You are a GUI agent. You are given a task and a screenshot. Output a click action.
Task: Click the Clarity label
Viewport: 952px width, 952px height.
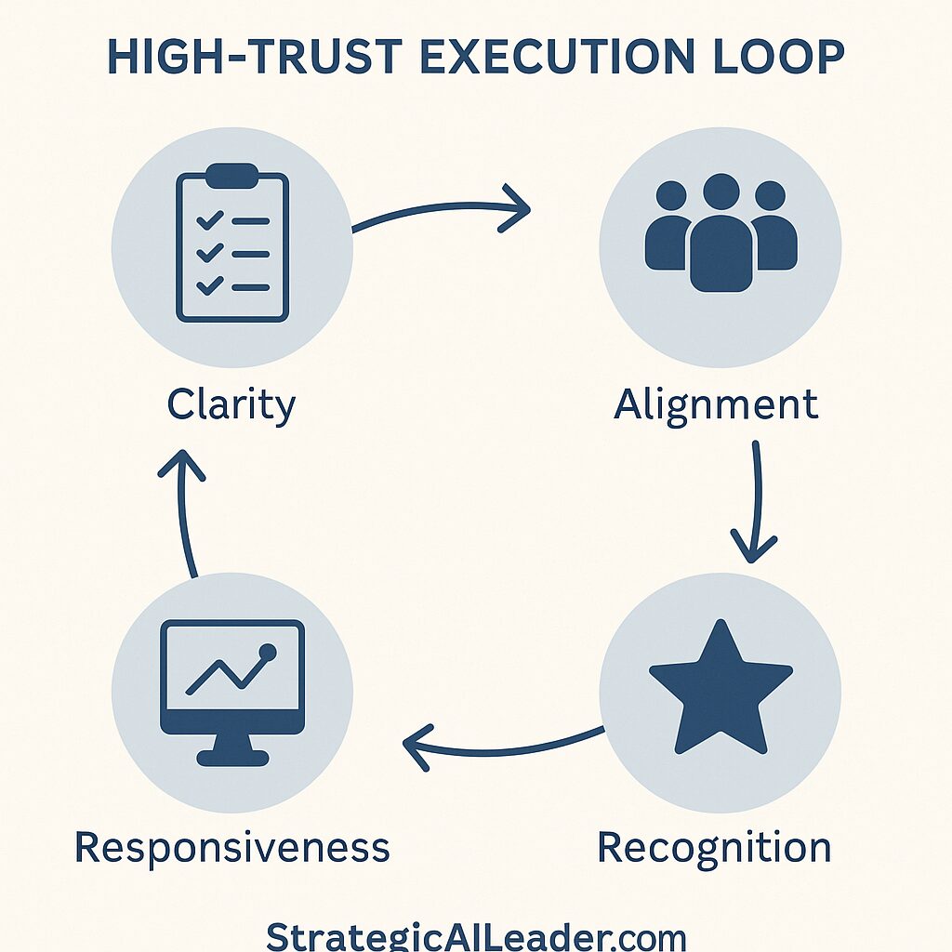tap(231, 405)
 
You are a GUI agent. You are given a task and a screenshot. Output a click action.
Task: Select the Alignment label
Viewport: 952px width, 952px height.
tap(716, 405)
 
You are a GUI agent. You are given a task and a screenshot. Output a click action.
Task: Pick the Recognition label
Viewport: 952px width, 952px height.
tap(714, 848)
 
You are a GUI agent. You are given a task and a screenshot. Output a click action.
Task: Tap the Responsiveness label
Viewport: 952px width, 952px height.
tap(232, 848)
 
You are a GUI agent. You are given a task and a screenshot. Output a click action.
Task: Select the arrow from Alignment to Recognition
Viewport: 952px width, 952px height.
tap(756, 502)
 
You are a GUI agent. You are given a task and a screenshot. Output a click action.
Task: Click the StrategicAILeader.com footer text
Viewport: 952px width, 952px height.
tap(476, 934)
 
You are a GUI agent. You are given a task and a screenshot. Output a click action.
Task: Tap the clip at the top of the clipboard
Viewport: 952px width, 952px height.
tap(232, 174)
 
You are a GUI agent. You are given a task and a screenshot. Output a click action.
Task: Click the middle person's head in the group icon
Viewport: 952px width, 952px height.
tap(721, 192)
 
